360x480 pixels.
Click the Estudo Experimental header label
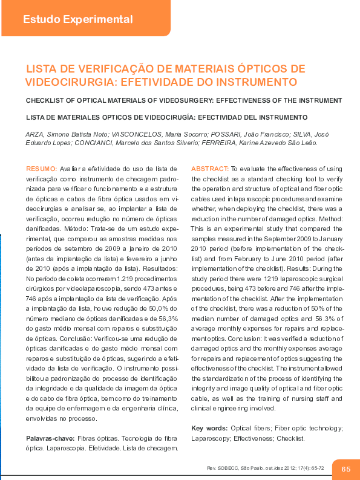pos(77,19)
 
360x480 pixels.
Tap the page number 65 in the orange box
pos(346,469)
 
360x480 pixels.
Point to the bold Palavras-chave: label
pos(50,438)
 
